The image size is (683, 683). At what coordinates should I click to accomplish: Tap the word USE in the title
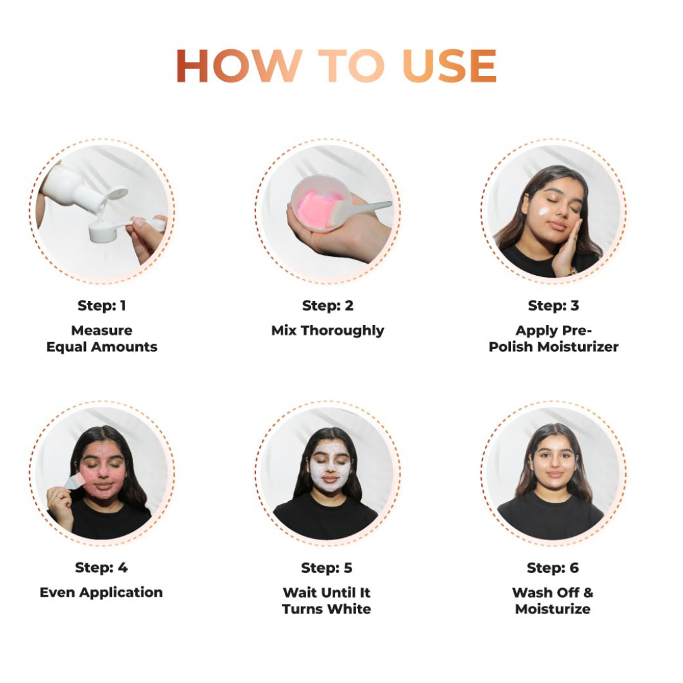(449, 65)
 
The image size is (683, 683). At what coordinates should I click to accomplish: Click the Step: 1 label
(102, 306)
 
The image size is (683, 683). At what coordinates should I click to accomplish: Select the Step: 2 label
(328, 306)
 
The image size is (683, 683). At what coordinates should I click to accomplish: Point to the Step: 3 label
(553, 306)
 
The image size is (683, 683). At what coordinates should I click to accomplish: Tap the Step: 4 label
(101, 567)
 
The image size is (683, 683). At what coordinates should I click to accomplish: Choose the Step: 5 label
(327, 568)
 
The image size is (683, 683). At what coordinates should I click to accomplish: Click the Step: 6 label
(553, 568)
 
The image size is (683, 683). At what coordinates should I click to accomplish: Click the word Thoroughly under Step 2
(342, 331)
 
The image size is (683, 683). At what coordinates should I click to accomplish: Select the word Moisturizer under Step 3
(577, 347)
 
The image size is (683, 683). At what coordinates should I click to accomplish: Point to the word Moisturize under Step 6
(553, 609)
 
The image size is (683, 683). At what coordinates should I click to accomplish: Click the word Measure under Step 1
(102, 331)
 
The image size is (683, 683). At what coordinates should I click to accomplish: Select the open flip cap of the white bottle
(117, 194)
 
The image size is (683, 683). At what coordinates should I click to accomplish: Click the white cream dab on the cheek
(544, 212)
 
